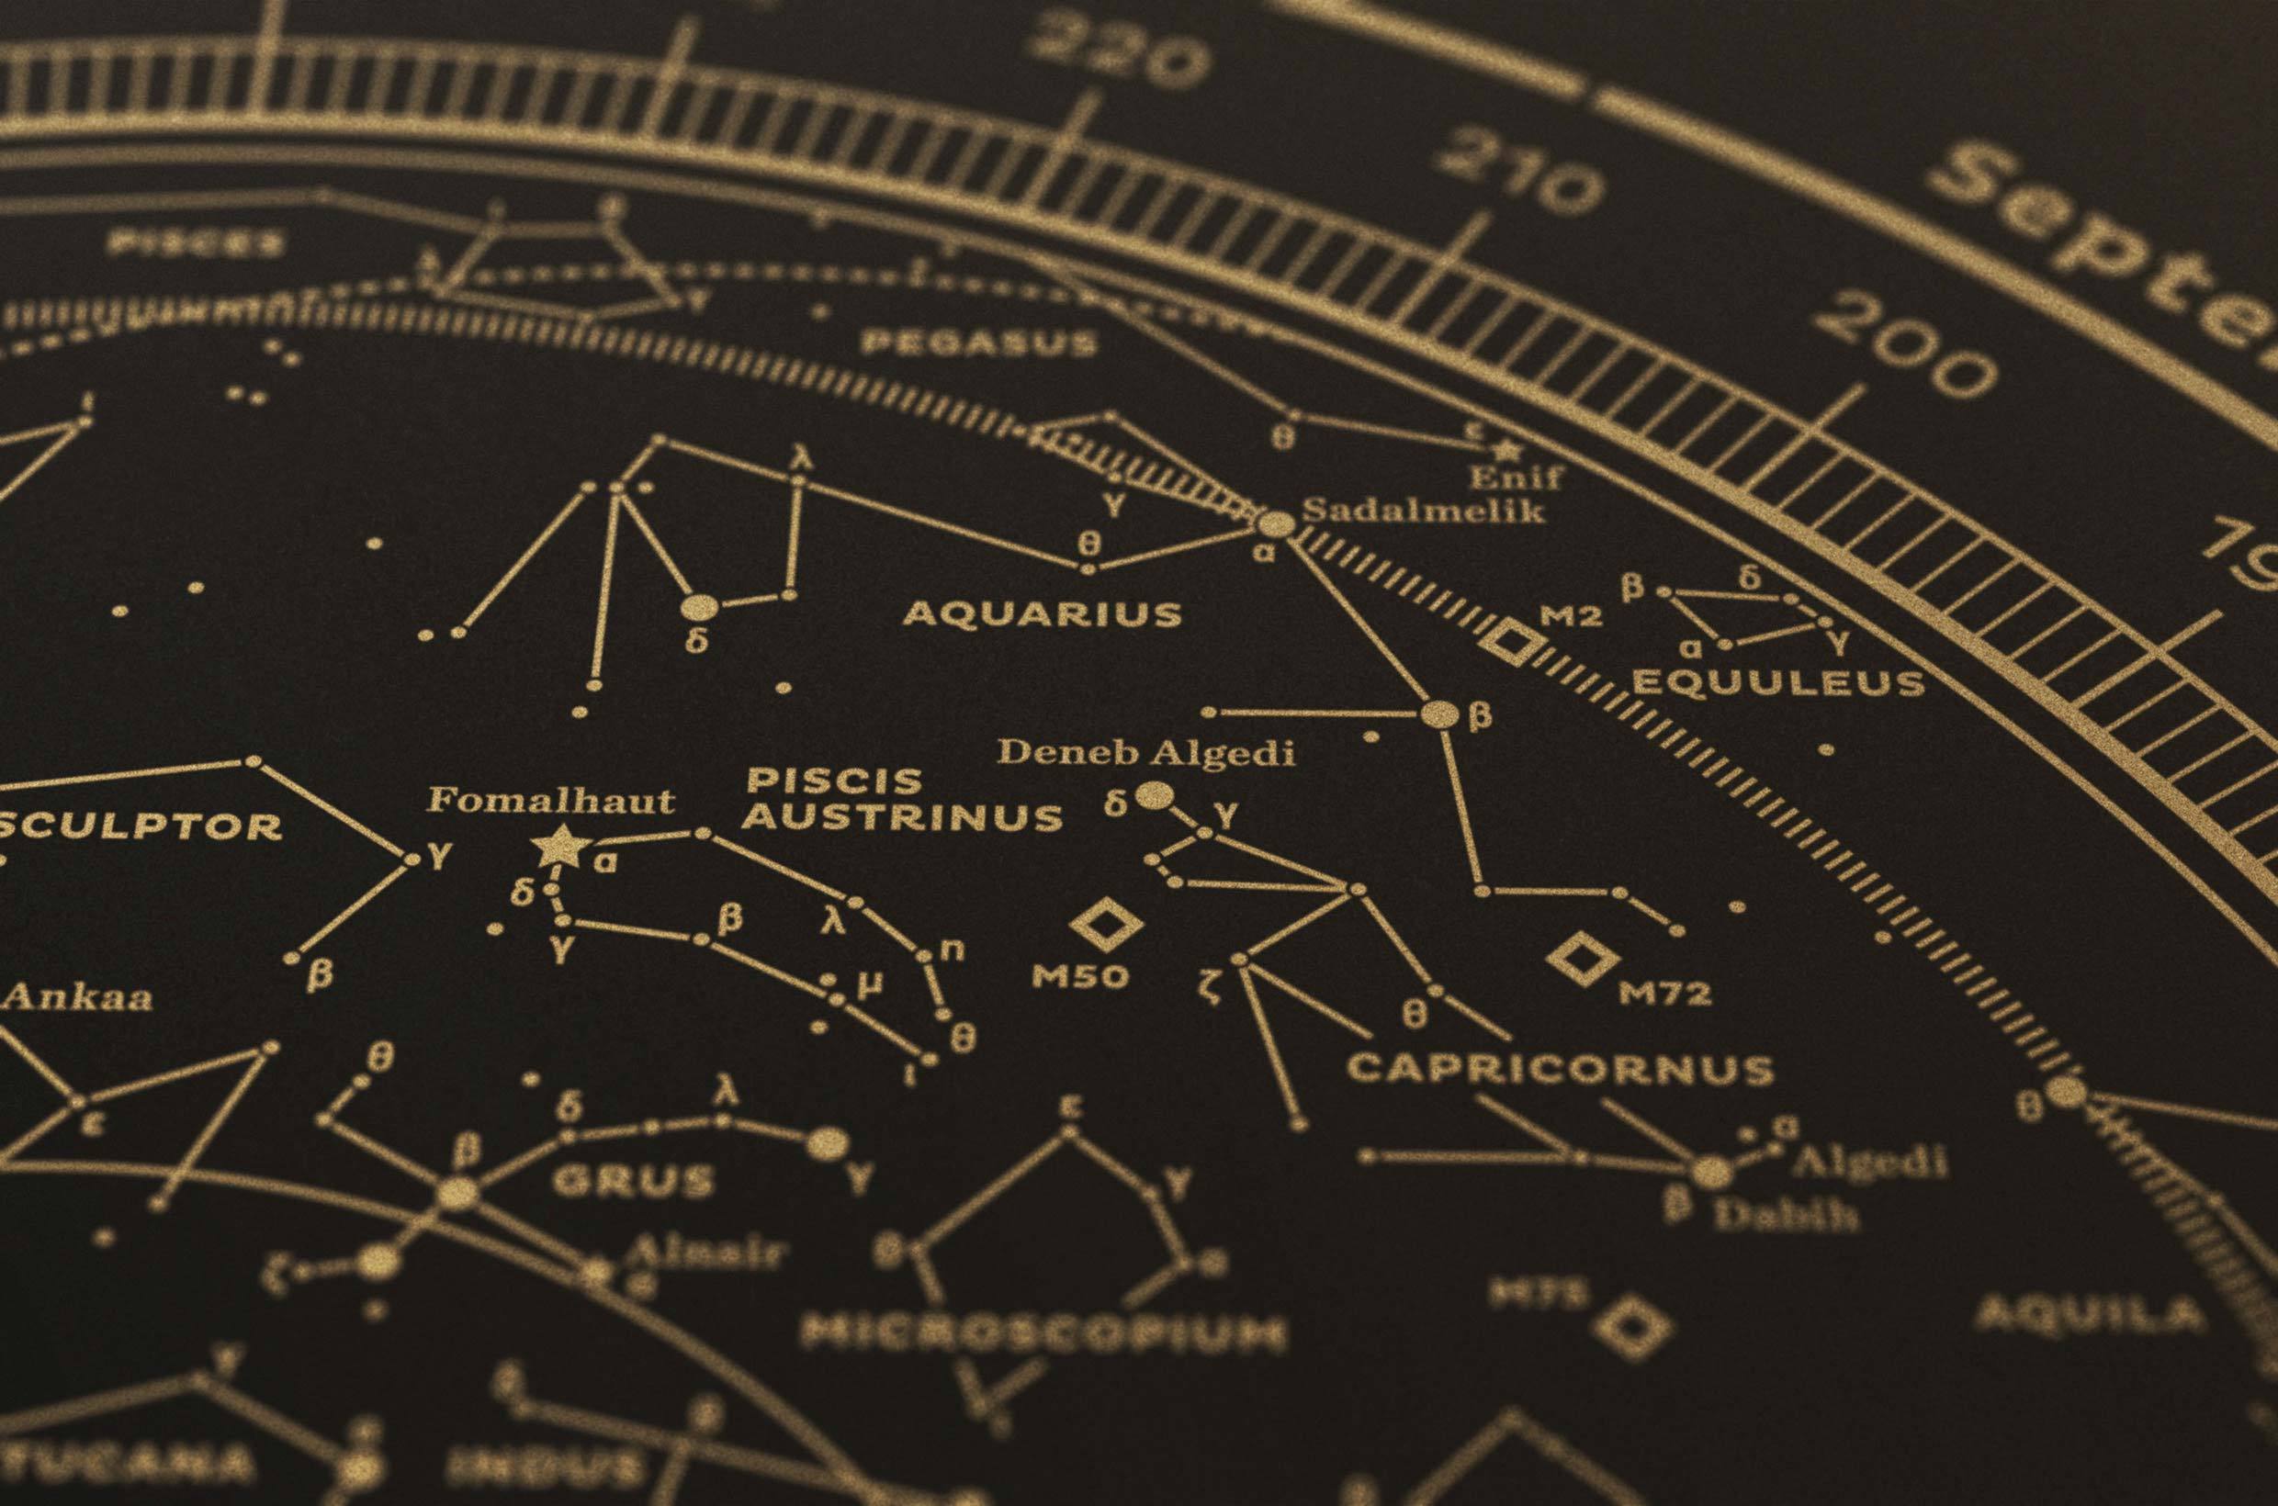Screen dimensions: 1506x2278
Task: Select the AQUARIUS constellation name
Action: tap(1043, 613)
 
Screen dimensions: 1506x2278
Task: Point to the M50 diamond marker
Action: tap(1106, 924)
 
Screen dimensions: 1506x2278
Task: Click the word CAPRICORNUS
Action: tap(1560, 1070)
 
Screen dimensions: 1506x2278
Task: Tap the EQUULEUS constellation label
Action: tap(1778, 684)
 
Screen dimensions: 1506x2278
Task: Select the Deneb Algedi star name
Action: tap(1145, 753)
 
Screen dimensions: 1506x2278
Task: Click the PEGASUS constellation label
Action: tap(979, 343)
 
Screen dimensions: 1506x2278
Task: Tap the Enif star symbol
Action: tap(1506, 448)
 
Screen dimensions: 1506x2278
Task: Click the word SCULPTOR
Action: tap(140, 826)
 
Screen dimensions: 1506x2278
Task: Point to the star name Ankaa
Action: tap(77, 997)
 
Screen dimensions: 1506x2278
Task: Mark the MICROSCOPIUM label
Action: tap(1043, 1333)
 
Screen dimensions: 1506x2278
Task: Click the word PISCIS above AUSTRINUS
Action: tap(834, 780)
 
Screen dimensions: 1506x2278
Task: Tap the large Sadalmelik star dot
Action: tap(1276, 524)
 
